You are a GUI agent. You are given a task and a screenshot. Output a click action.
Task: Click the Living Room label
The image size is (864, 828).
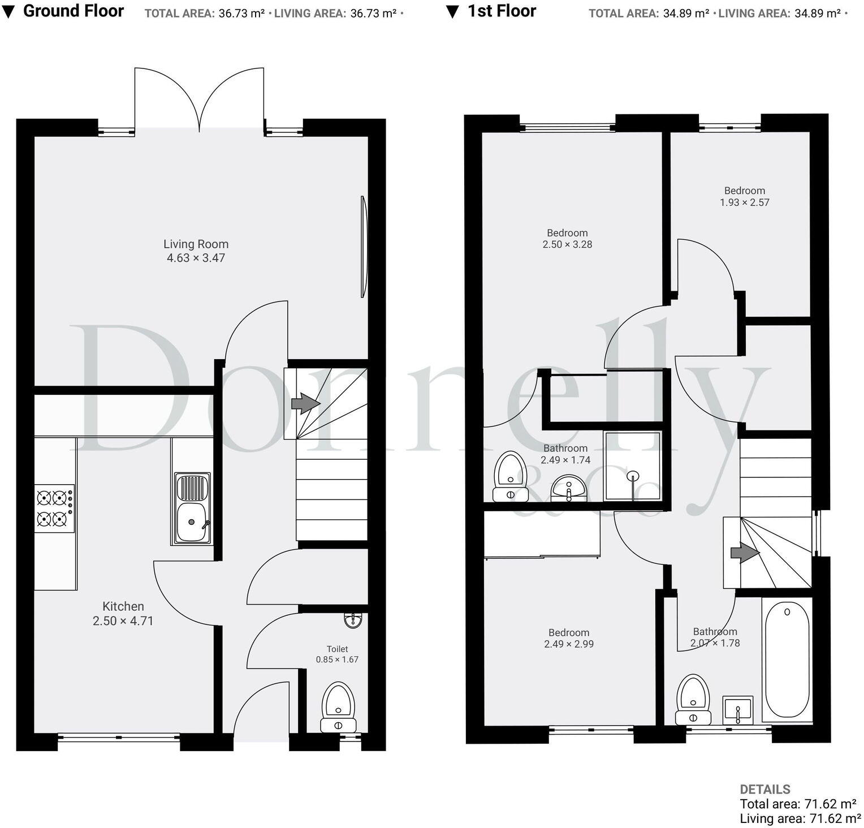point(196,244)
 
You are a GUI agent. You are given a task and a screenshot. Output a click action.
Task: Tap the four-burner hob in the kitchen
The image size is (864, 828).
point(54,508)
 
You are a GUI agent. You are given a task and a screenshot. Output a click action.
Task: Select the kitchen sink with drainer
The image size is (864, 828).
point(192,508)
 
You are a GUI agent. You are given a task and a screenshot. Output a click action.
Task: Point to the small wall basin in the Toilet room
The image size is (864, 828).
point(353,620)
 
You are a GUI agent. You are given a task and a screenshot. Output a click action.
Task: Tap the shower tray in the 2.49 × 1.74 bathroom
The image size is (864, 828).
point(632,466)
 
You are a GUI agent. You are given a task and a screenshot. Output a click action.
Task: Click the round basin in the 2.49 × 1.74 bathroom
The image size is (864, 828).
point(569,488)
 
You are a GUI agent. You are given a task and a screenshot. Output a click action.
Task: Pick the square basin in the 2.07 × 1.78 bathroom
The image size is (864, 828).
point(738,710)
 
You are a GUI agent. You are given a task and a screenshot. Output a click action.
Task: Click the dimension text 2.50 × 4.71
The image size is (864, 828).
point(123,621)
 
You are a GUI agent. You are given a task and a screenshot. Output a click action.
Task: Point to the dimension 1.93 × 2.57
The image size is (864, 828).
point(744,202)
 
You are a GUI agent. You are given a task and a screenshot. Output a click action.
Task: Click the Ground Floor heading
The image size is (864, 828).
point(73,11)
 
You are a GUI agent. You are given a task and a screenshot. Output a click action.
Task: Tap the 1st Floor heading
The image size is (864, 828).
point(501,11)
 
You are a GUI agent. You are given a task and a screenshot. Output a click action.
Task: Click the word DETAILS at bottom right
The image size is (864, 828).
point(764,789)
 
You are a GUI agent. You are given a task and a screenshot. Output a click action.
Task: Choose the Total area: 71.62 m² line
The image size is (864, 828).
point(797,804)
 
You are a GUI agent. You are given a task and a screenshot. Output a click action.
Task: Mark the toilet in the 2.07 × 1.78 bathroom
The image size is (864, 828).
point(694,699)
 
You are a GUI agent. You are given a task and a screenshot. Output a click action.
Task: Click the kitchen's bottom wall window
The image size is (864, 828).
point(119,738)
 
